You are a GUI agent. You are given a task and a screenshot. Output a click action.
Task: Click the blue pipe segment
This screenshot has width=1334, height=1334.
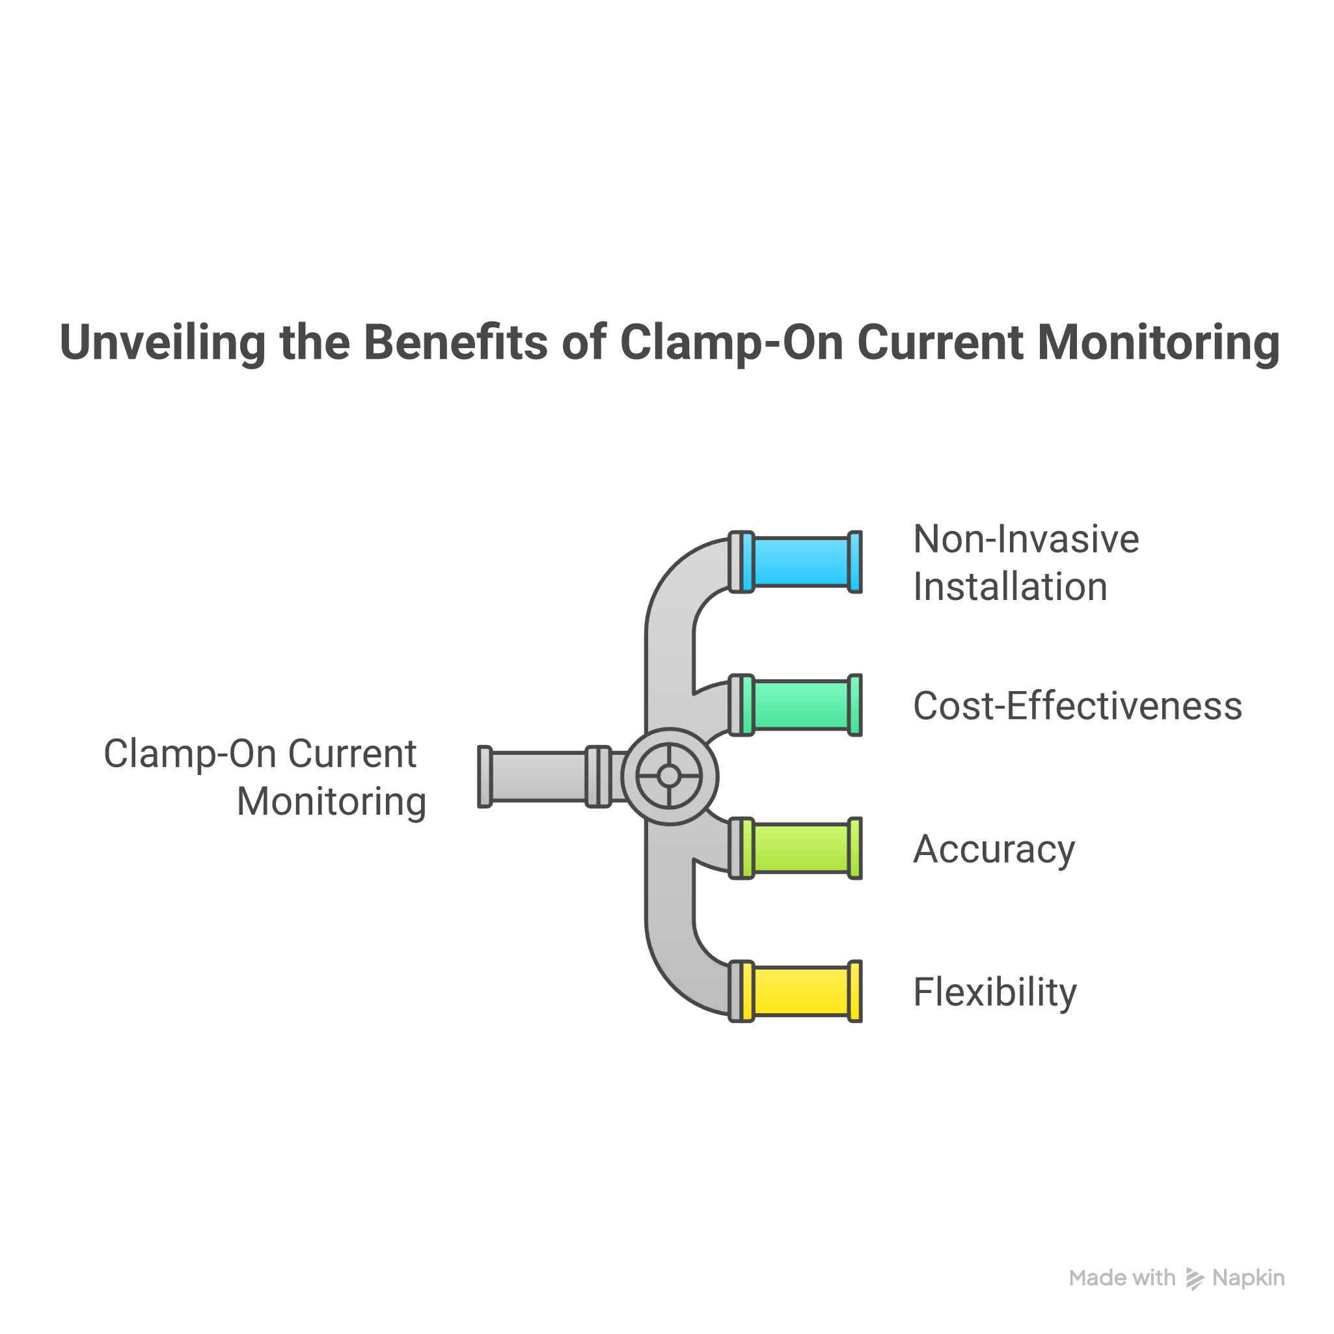pos(801,562)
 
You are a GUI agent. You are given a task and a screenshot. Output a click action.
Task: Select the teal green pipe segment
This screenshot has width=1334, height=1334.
pos(801,705)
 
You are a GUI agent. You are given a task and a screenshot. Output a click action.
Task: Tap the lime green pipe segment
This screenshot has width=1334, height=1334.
pos(801,848)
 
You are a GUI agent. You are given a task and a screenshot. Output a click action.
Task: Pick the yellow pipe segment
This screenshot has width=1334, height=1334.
pos(801,991)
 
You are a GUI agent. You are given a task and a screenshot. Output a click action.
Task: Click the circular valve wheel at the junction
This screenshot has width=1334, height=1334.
pos(668,776)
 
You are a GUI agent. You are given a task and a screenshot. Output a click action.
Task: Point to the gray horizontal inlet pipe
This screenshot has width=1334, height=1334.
pos(539,776)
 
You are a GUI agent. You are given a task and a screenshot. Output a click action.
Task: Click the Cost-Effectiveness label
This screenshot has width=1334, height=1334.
pos(1077,706)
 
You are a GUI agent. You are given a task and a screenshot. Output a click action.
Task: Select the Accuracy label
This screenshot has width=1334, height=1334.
pos(994,849)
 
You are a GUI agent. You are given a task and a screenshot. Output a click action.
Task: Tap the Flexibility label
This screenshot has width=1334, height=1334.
pos(995,992)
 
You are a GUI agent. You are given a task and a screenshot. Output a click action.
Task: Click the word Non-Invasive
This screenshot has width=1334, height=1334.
pos(1026,539)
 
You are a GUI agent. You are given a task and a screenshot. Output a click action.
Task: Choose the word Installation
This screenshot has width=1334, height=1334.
pos(1010,587)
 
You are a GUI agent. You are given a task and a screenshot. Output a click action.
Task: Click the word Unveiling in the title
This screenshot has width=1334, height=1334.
pos(162,342)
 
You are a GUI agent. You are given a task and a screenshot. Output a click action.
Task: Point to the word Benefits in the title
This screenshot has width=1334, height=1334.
pos(456,342)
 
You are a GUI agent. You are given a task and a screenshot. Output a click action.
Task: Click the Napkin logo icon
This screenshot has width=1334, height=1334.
pos(1195,1278)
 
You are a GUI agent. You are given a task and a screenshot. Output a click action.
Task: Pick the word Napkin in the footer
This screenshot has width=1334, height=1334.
pos(1248,1278)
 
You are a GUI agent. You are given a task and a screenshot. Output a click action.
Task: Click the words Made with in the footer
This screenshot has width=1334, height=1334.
pos(1122,1278)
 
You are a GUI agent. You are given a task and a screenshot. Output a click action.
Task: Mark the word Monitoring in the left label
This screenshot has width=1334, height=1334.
pos(331,802)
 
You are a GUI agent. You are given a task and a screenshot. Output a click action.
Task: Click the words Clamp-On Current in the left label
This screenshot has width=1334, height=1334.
pos(260,754)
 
